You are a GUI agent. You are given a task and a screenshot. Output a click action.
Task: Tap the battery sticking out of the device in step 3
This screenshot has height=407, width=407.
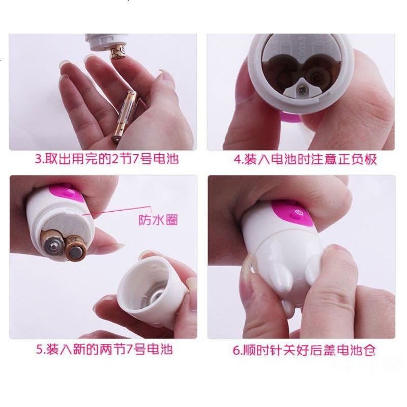click(x=118, y=52)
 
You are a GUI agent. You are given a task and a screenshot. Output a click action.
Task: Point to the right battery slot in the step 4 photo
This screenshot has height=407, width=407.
click(x=319, y=75)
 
